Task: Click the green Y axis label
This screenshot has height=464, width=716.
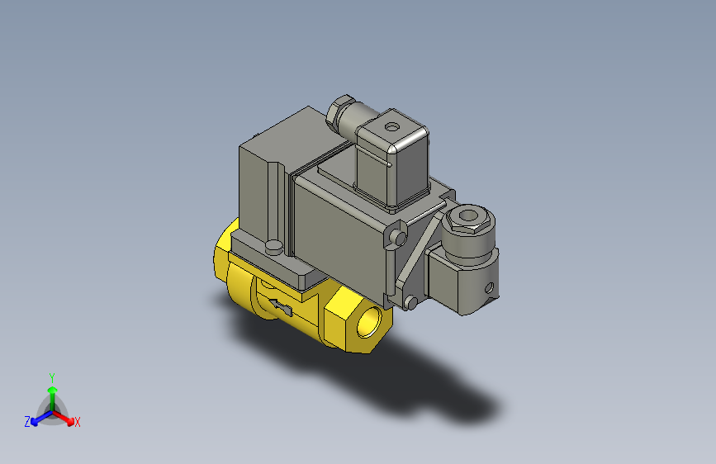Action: [x=51, y=376]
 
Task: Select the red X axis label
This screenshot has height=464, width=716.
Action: [x=78, y=422]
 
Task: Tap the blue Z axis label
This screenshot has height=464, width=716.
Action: [x=26, y=421]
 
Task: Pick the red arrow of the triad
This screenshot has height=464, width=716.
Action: [x=66, y=417]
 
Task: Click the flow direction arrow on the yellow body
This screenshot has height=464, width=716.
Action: [x=280, y=309]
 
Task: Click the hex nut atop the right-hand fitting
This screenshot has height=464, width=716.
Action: [x=467, y=220]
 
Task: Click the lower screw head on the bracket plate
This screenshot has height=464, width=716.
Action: [x=408, y=303]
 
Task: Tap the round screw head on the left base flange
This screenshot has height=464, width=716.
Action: [x=273, y=246]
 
